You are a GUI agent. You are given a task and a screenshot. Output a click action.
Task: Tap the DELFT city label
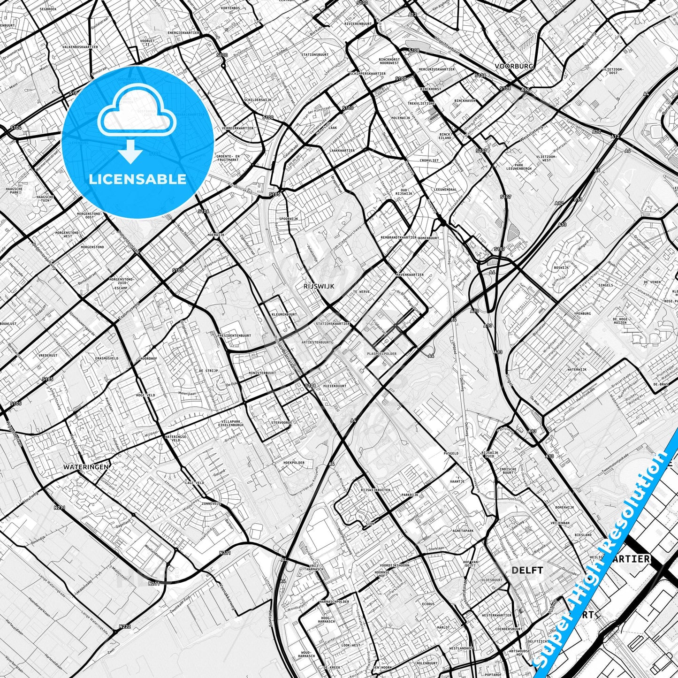(527, 571)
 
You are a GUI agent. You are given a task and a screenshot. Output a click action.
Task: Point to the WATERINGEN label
(86, 467)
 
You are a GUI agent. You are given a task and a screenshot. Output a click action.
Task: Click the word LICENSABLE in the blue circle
(137, 179)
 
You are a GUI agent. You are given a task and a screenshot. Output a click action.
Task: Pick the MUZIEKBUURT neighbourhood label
(335, 386)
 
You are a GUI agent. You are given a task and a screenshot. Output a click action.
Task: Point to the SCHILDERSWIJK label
(258, 100)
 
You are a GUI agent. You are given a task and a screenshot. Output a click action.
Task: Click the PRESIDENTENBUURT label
(234, 335)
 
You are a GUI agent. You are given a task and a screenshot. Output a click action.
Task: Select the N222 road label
(125, 626)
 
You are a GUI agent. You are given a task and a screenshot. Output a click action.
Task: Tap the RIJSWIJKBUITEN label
(375, 490)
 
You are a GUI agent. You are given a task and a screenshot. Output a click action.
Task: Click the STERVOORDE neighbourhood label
(282, 422)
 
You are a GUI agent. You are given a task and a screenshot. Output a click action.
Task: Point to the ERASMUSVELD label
(107, 358)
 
